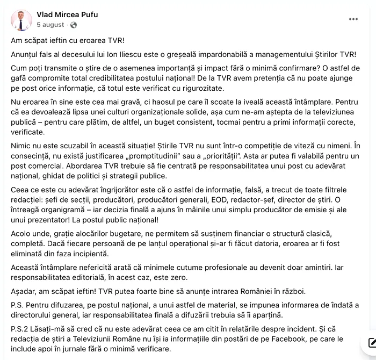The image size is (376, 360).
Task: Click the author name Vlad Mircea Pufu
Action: [67, 15]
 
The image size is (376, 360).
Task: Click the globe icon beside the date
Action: [74, 25]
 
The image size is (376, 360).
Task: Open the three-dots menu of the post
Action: [353, 19]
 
